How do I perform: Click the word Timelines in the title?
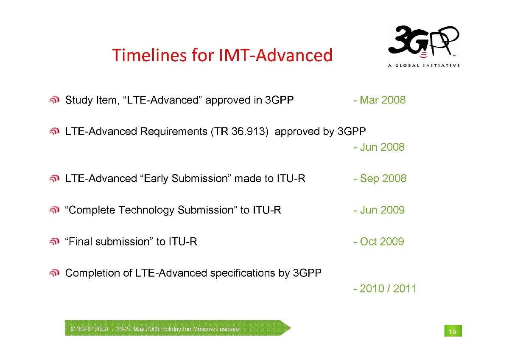[149, 55]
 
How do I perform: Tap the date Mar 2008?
[383, 100]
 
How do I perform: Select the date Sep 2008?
[383, 178]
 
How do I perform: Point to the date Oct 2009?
[382, 241]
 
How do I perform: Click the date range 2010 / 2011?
[388, 288]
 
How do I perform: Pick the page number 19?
[453, 332]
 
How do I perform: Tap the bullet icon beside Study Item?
[54, 100]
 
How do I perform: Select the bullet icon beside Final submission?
[54, 242]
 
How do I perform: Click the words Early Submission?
[186, 179]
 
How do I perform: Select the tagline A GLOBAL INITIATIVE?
[424, 65]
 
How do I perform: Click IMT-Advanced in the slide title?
[276, 55]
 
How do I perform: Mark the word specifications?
[243, 273]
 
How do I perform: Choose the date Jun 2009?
[382, 210]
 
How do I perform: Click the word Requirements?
[174, 132]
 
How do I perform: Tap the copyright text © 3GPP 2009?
[89, 329]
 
